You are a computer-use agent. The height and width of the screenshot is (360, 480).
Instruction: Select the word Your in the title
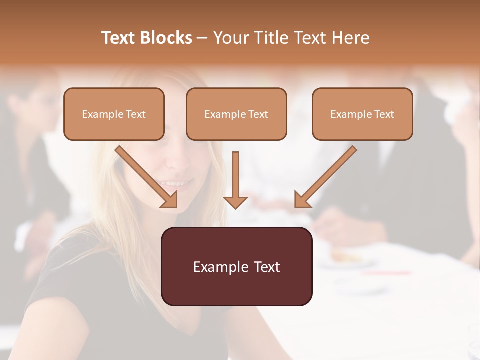(230, 38)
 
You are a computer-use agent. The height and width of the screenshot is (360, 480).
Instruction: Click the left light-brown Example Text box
(114, 114)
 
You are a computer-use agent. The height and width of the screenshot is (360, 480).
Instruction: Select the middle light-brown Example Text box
(236, 114)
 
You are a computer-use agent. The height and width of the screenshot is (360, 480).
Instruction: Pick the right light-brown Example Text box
(362, 114)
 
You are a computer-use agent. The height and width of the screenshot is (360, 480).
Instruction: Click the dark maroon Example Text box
(237, 266)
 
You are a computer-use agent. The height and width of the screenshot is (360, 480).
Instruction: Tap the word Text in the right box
(384, 114)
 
